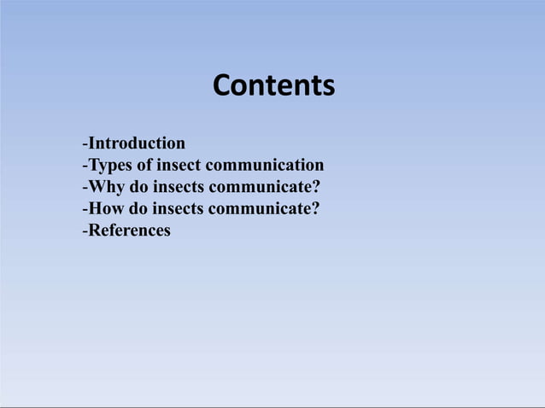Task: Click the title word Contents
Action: [x=273, y=86]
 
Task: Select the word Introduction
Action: [x=137, y=143]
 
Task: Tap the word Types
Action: [x=108, y=165]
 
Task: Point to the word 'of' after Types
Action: [x=142, y=165]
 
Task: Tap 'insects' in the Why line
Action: [x=177, y=187]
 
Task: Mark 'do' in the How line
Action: [x=138, y=209]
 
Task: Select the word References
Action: [x=129, y=231]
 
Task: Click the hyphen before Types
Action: [x=84, y=166]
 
